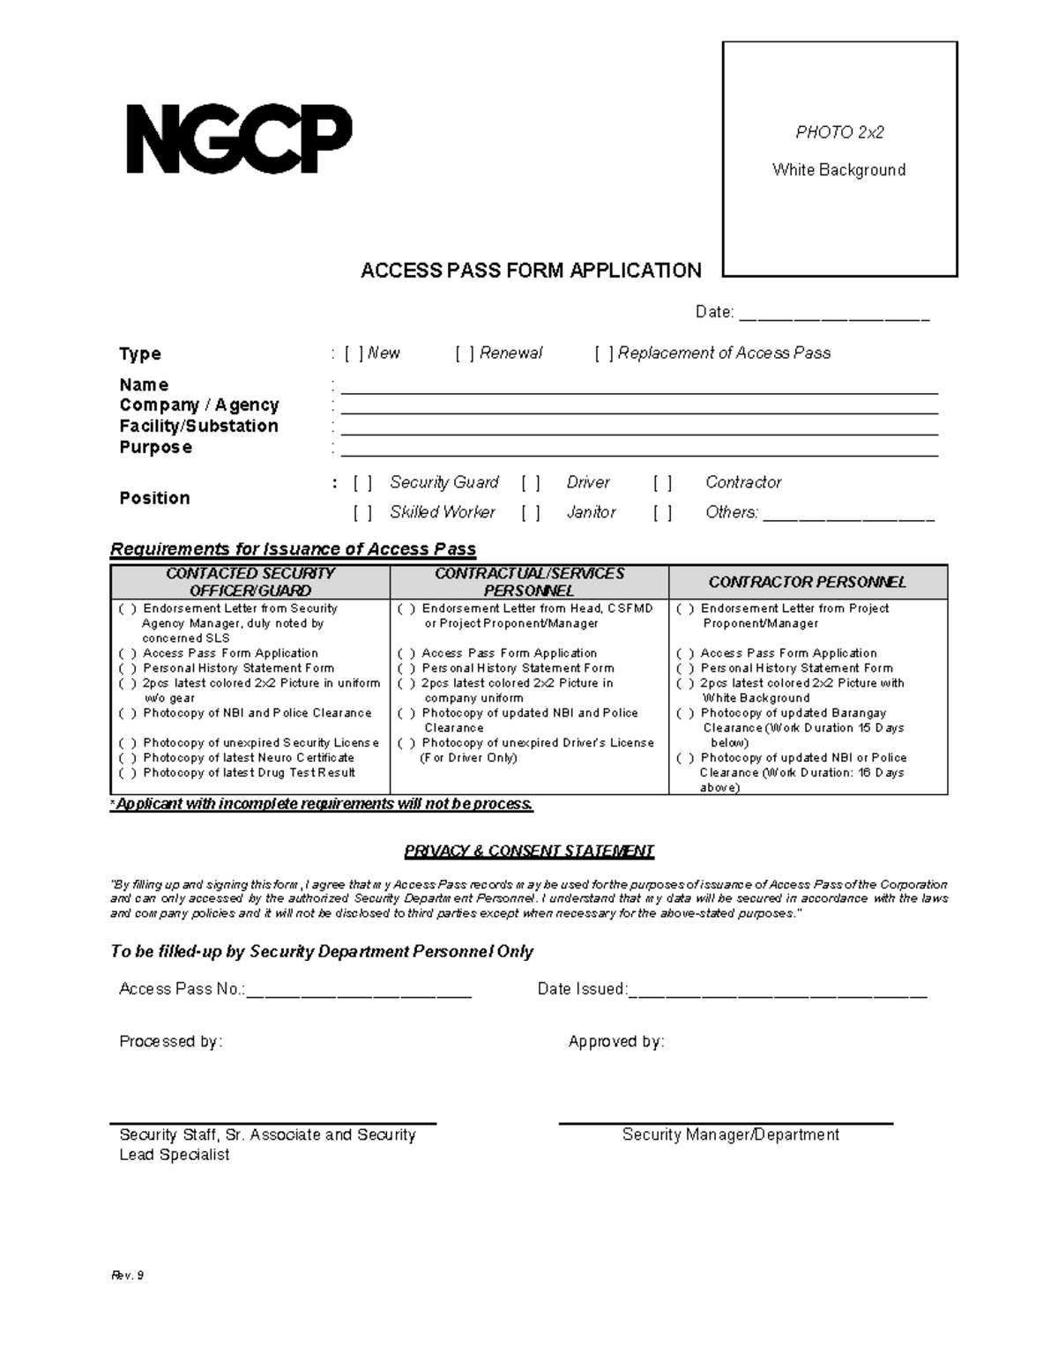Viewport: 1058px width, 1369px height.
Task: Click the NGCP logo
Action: coord(239,139)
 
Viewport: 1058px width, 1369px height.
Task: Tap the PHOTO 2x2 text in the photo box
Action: coord(839,133)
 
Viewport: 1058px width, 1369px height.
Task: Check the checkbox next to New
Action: coord(354,353)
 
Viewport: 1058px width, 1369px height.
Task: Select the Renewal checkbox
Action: coord(466,353)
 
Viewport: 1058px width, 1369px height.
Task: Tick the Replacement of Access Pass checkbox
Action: coord(604,353)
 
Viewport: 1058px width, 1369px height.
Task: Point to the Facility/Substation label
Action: coord(199,426)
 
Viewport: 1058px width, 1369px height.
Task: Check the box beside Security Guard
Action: coord(362,483)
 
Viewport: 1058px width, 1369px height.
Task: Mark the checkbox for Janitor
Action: coord(530,513)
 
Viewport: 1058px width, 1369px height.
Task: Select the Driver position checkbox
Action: coord(530,483)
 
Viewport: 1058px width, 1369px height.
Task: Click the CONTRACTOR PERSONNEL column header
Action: coord(808,582)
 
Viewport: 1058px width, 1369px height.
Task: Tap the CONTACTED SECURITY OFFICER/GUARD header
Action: coord(250,582)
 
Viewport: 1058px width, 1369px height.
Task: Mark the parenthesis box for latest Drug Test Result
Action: coord(128,773)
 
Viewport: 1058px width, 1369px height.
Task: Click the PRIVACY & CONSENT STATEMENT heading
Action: coord(529,852)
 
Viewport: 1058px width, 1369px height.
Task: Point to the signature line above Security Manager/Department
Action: coord(726,1123)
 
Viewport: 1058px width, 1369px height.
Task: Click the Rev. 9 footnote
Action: coord(127,1276)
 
